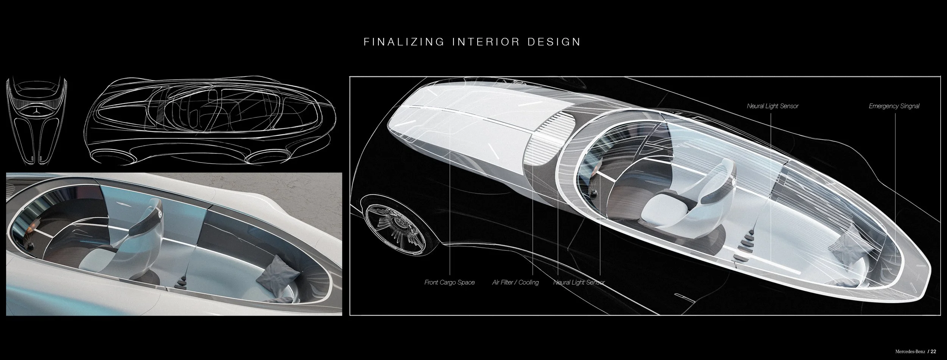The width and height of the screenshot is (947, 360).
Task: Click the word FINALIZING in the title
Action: (x=404, y=42)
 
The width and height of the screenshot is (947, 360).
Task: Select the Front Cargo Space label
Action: (x=449, y=282)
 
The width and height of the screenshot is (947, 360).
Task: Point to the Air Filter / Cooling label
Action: (x=515, y=282)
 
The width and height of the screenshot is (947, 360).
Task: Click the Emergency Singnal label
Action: (x=894, y=106)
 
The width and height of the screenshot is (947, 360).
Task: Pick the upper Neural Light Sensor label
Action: (x=772, y=106)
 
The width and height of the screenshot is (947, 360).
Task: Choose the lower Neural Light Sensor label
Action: (x=579, y=282)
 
